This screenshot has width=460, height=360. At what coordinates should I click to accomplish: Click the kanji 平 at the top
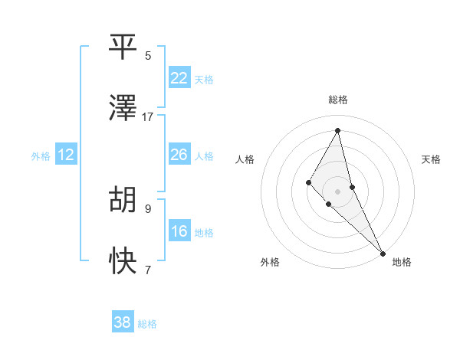click(x=123, y=47)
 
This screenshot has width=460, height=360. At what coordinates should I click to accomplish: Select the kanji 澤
click(x=123, y=109)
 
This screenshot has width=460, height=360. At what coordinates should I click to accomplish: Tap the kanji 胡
click(x=123, y=199)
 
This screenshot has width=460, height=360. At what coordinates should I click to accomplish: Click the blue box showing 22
click(x=179, y=78)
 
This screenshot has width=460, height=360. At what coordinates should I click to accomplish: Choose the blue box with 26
click(x=179, y=155)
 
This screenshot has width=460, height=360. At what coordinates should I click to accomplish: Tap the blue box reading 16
click(x=179, y=231)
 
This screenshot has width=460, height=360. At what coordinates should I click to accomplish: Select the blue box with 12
click(x=66, y=155)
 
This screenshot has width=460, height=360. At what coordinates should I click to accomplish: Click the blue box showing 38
click(x=123, y=322)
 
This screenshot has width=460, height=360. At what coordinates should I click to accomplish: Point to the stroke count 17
click(x=148, y=117)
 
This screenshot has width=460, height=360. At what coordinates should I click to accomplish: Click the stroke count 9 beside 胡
click(x=148, y=208)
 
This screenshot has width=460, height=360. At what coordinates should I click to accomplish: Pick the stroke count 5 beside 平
click(x=148, y=55)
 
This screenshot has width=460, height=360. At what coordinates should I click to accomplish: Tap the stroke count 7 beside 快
click(x=148, y=270)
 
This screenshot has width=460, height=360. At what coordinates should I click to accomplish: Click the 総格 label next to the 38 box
click(x=147, y=324)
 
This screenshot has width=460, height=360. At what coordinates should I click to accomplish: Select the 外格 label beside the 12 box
click(x=41, y=156)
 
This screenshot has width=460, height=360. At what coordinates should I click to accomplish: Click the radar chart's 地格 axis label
click(x=402, y=262)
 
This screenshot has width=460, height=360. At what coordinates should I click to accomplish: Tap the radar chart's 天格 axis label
click(x=431, y=159)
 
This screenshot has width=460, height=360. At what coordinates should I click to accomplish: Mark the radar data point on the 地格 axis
click(x=382, y=253)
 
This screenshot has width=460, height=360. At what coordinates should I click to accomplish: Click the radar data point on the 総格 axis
click(x=337, y=130)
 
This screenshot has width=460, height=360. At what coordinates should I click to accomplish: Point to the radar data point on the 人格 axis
click(x=308, y=182)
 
